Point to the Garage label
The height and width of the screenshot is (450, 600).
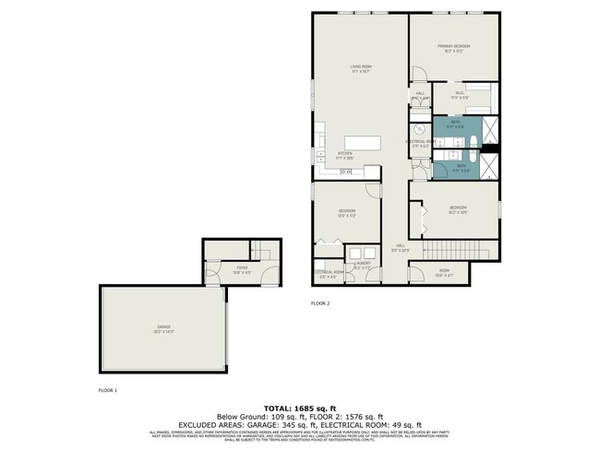coord(163,330)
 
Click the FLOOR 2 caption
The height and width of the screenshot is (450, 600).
coord(320,302)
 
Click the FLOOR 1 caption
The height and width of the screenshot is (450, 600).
coord(108,390)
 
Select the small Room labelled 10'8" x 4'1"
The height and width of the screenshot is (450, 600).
coord(444,272)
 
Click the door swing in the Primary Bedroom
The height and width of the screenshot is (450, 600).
coord(417,74)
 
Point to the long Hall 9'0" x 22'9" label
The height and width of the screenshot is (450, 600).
coord(400,247)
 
